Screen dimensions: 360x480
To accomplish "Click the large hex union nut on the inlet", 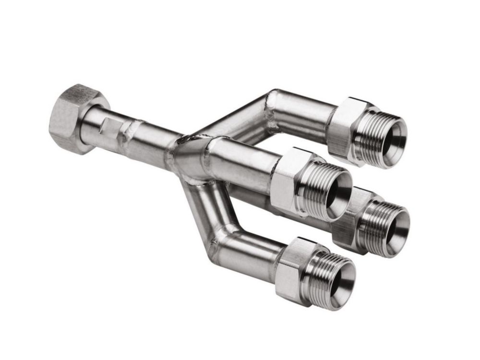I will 72,118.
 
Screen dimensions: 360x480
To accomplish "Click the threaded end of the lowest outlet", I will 322,278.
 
